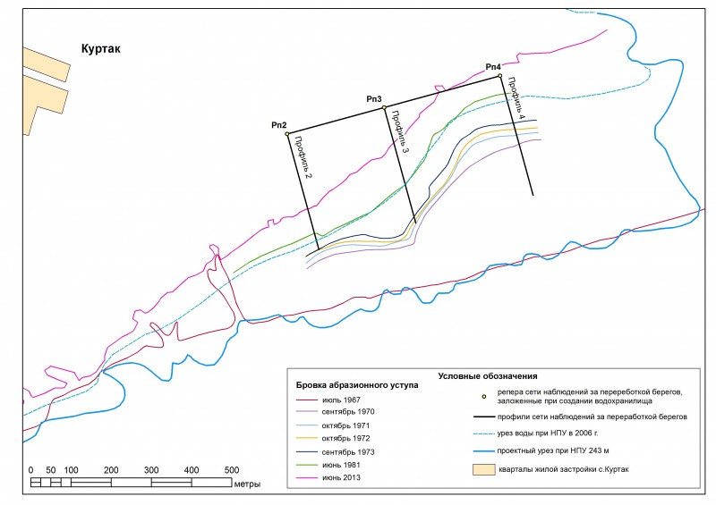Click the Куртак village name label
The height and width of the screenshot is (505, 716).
click(x=101, y=49)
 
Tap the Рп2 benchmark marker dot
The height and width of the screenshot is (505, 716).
click(x=287, y=134)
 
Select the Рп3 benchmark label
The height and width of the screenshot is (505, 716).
click(x=374, y=99)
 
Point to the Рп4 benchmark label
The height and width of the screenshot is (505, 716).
click(x=493, y=67)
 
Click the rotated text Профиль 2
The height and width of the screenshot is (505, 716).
click(x=303, y=157)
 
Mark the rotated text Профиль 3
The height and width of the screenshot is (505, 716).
click(x=400, y=132)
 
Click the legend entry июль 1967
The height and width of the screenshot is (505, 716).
click(x=341, y=400)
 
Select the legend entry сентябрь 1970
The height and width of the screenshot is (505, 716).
click(x=348, y=412)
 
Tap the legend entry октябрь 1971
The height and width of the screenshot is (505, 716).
click(x=345, y=425)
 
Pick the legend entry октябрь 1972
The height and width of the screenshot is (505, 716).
click(x=345, y=438)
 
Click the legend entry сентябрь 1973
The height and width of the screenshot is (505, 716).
click(x=348, y=452)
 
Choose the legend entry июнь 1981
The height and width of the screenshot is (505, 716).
click(x=341, y=465)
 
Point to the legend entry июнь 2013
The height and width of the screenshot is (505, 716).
click(x=341, y=477)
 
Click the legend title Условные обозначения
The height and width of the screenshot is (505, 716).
click(x=488, y=376)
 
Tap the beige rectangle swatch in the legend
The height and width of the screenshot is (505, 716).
click(x=483, y=469)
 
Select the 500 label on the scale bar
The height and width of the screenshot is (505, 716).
click(x=232, y=470)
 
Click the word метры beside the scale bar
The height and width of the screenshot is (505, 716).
click(x=247, y=484)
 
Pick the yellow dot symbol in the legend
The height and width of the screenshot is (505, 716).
click(x=484, y=397)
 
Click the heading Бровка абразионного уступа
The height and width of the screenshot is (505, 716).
click(x=357, y=385)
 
